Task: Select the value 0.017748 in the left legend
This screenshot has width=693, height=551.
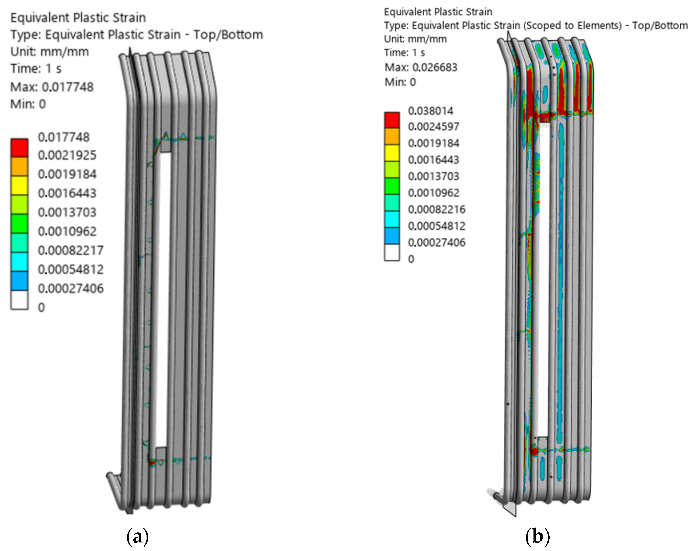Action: pos(64,137)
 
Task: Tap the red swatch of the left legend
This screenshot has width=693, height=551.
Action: pos(20,148)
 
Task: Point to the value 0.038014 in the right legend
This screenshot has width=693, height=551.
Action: pos(430,111)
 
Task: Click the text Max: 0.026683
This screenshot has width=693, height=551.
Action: pos(421,67)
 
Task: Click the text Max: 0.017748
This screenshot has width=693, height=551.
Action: pos(52,87)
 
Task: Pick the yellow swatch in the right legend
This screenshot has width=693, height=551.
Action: pos(392,153)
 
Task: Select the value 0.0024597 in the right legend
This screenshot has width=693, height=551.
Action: pos(433,126)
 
